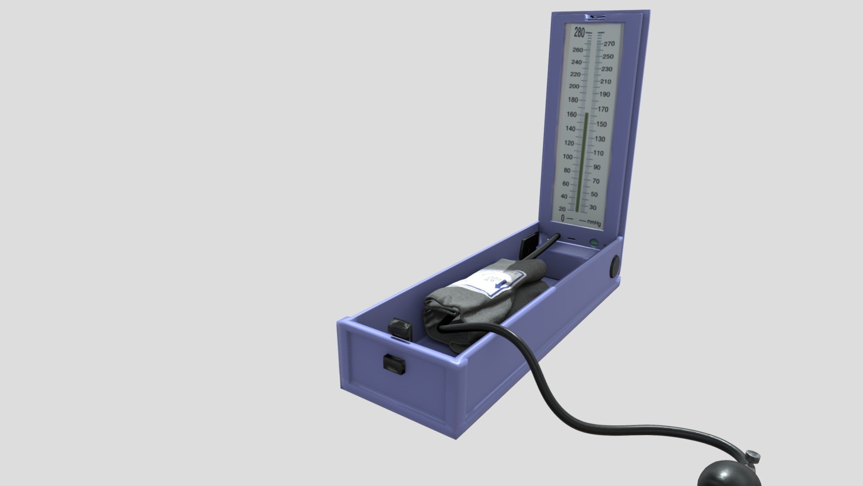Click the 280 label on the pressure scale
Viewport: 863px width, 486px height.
(x=579, y=32)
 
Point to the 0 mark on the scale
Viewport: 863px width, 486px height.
(x=563, y=218)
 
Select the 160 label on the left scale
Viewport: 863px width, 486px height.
(x=571, y=114)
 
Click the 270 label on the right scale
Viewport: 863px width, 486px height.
(x=609, y=44)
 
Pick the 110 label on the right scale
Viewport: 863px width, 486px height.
(x=598, y=153)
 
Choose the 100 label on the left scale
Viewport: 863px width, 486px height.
(x=568, y=157)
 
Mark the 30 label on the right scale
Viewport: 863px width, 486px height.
(x=593, y=208)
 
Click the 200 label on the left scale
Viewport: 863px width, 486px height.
(x=574, y=86)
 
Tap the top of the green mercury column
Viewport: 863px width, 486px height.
(x=586, y=114)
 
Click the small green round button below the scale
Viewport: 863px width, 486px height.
(x=594, y=243)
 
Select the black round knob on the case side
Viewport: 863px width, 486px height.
(x=614, y=266)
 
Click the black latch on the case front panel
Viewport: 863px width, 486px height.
(x=80, y=364)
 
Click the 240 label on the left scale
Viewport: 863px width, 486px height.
(x=576, y=63)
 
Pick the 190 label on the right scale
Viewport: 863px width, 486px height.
(x=605, y=94)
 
